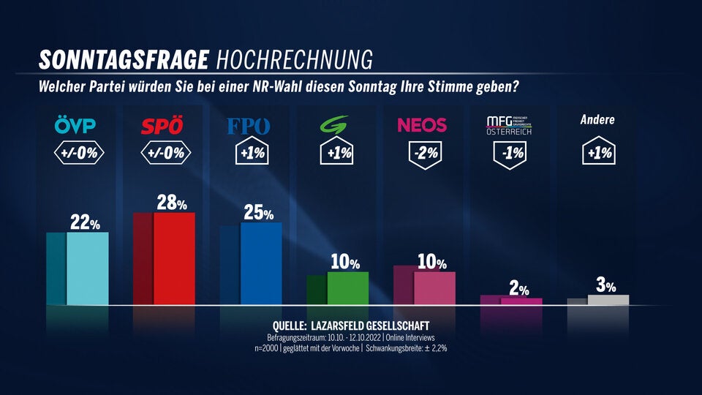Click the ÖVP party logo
pos(76,126)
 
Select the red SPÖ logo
pos(163,126)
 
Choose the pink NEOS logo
pos(422,125)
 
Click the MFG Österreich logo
pos(510,125)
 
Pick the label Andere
pos(597,120)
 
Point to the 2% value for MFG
pos(517,290)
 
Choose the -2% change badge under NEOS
pos(424,154)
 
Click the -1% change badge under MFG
pos(510,154)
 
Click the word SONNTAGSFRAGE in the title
pos(124,59)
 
